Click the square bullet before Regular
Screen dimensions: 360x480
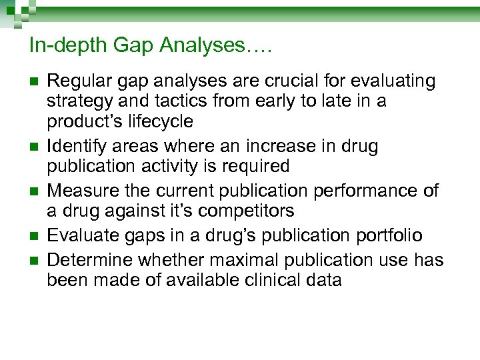click(x=35, y=83)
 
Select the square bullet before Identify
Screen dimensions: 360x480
click(x=35, y=147)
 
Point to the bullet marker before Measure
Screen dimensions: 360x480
click(x=35, y=191)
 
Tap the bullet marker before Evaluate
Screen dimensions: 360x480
click(x=35, y=236)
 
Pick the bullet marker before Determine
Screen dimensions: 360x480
click(x=35, y=261)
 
